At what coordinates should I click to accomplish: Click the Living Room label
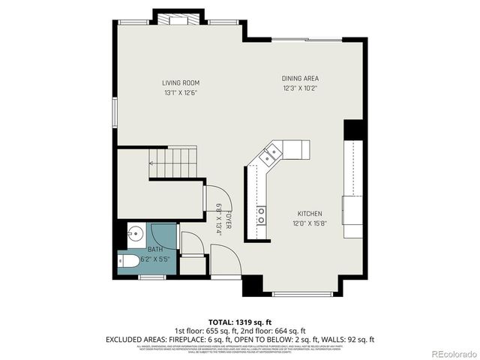coord(181,83)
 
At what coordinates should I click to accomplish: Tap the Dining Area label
coord(301,79)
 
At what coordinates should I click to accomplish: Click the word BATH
coord(154,249)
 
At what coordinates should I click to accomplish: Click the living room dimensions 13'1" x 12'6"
coord(181,92)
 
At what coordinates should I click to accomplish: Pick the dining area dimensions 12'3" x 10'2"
coord(301,88)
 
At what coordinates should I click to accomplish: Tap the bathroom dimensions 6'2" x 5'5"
coord(154,259)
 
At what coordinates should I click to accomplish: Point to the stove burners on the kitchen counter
coord(260,216)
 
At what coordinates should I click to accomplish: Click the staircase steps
coord(172,163)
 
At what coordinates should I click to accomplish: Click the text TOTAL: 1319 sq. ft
coord(240,322)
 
